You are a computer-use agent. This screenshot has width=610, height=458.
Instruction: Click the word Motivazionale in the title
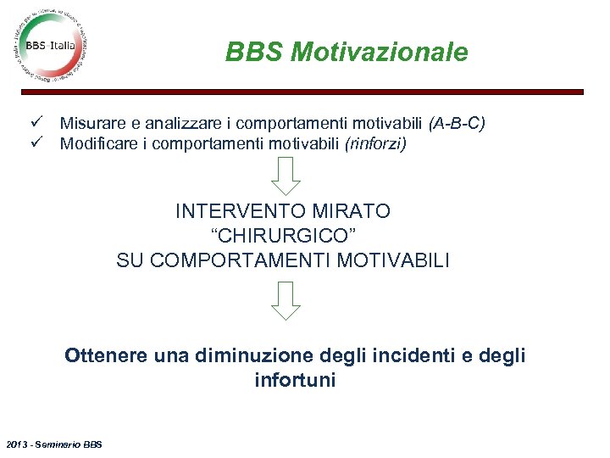pos(379,53)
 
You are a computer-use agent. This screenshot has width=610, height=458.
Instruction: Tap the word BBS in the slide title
pos(255,53)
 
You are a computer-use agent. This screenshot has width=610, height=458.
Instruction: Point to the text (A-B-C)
pos(457,125)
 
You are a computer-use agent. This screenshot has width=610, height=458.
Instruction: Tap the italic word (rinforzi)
pos(375,143)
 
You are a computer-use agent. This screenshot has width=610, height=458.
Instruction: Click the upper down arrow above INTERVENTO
pos(287,175)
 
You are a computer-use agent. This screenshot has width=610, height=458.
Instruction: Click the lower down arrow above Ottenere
pos(287,300)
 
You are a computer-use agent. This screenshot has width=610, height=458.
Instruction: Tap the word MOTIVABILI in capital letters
pos(393,260)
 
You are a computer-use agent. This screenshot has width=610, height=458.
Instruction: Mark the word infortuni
pos(295,381)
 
